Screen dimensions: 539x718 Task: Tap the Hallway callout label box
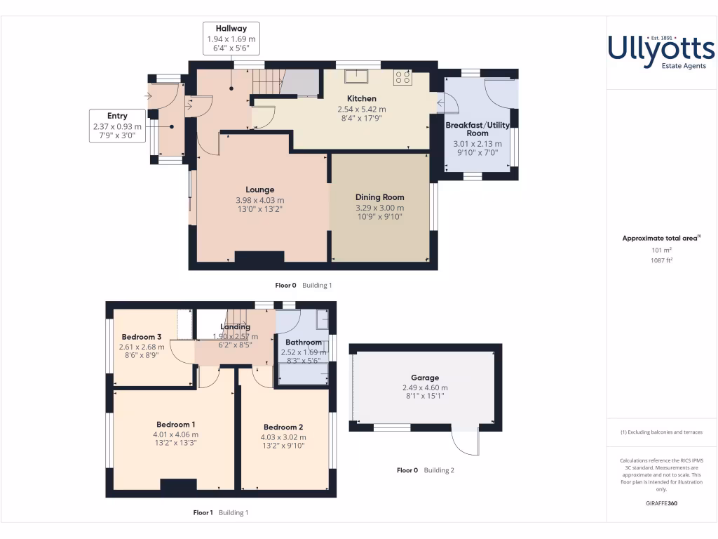coord(231,39)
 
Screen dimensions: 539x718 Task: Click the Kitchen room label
coord(362,99)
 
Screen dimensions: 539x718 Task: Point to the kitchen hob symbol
coord(402,77)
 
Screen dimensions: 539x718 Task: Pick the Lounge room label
coord(260,189)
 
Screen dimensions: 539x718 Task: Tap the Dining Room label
coord(379,197)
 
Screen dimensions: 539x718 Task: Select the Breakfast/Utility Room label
coord(477,129)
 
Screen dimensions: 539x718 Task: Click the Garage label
coord(425,377)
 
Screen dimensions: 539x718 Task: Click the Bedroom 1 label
coord(175,425)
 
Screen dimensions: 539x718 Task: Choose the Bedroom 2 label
coord(283,427)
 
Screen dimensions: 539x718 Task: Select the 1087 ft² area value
coord(661,260)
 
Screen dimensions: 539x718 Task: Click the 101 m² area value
coord(661,249)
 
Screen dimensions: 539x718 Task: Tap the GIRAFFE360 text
coord(661,503)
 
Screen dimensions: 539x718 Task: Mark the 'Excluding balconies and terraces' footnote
coord(661,432)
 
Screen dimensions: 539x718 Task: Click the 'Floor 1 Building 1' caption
coord(221,513)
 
